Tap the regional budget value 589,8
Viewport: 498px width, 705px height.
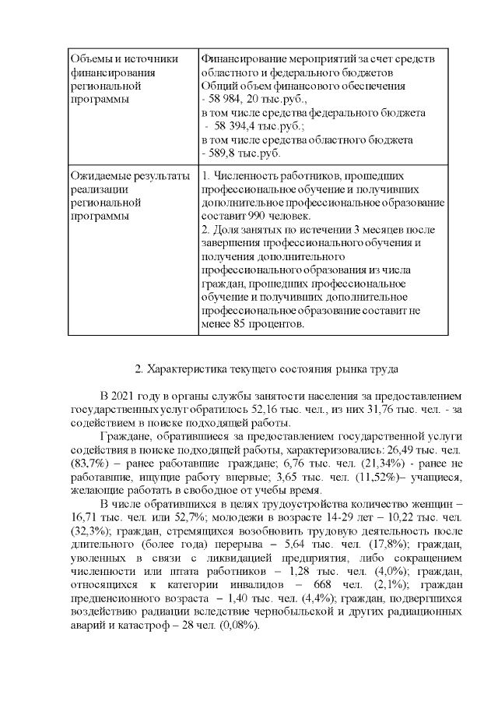pos(221,153)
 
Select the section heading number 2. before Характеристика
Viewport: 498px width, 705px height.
pos(139,368)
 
